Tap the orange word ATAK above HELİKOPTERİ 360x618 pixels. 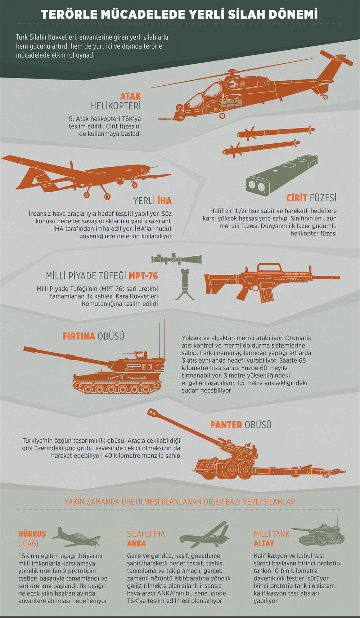point(130,97)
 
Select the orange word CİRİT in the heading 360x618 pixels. point(297,198)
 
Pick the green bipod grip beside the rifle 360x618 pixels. point(184,285)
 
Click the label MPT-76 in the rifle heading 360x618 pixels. point(143,276)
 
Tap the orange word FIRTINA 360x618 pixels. point(79,336)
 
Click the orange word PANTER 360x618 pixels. point(226,425)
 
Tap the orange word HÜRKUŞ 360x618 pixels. point(32,534)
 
